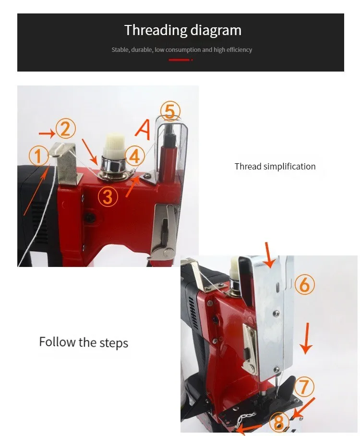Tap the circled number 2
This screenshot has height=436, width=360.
[x=65, y=128]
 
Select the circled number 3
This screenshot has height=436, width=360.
[x=108, y=196]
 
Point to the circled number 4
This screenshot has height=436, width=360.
[x=134, y=156]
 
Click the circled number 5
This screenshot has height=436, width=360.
[x=170, y=111]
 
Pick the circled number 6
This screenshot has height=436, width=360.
[x=305, y=285]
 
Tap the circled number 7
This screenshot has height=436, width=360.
[x=304, y=387]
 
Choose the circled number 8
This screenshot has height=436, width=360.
[x=278, y=422]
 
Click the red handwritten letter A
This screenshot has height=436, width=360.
[x=143, y=130]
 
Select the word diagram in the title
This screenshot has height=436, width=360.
[x=216, y=31]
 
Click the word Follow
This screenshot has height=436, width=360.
[x=57, y=342]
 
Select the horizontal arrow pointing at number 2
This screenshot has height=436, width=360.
[x=47, y=134]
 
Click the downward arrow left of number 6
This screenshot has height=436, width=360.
[x=269, y=255]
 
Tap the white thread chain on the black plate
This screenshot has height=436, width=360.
[x=246, y=417]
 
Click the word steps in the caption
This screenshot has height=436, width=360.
[x=114, y=343]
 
